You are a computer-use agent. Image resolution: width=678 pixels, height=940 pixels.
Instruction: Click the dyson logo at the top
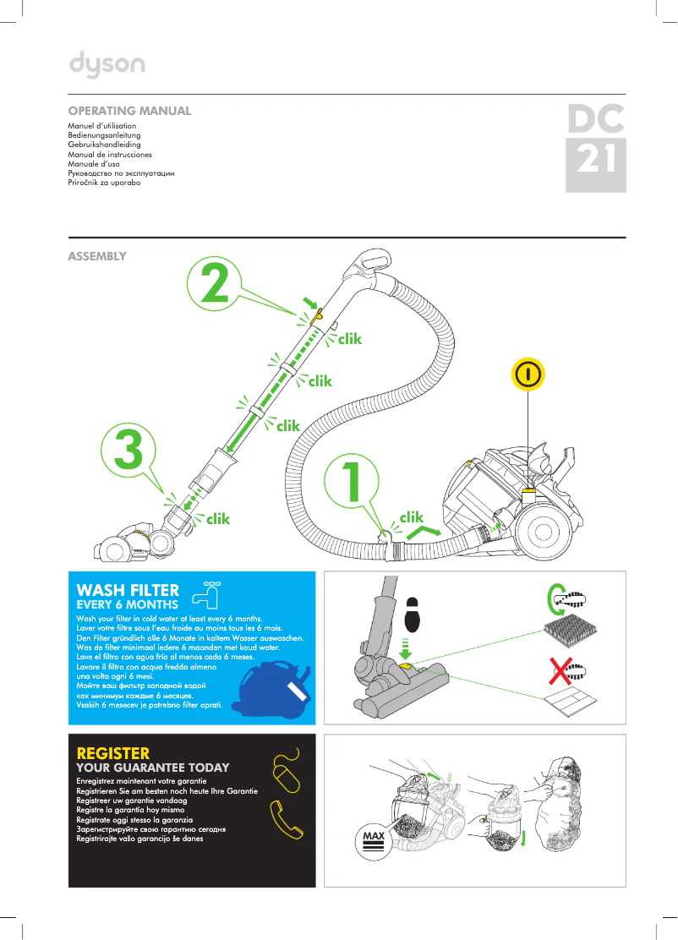[107, 64]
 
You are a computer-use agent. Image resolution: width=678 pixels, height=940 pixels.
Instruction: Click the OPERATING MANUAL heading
[129, 111]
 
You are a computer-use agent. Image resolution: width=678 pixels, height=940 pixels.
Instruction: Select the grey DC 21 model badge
[596, 148]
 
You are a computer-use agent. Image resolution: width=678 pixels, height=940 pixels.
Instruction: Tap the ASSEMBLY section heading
[97, 256]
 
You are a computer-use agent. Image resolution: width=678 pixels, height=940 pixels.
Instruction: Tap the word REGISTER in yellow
[113, 752]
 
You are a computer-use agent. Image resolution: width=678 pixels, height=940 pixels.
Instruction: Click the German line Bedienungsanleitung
[104, 135]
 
